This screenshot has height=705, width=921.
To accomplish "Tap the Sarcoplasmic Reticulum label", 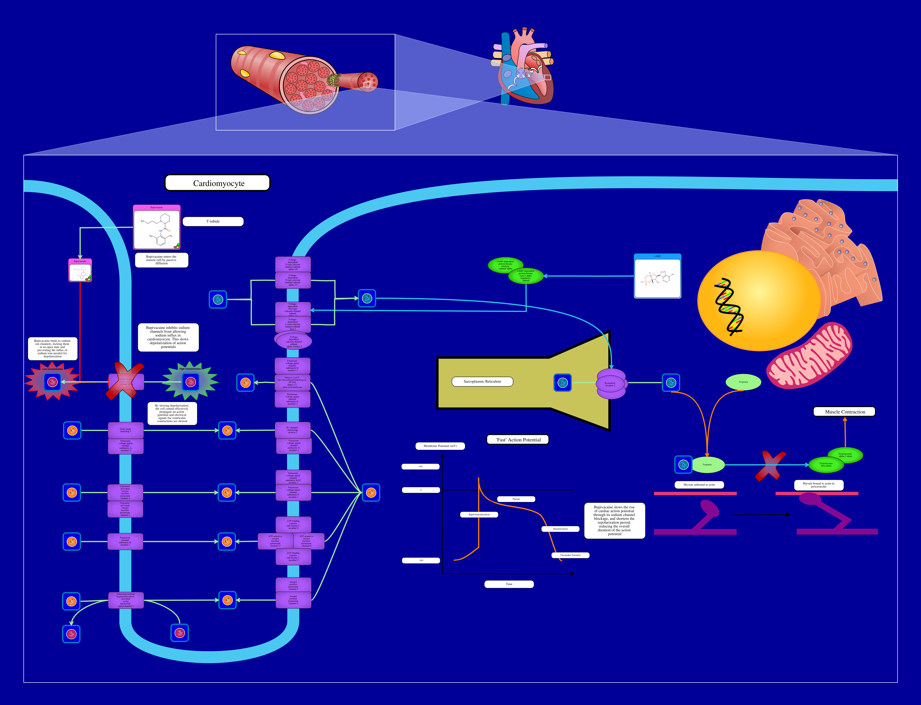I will tap(482, 381).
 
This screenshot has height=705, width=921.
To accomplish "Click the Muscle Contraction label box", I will tap(845, 412).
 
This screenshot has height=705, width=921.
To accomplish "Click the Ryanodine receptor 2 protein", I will tap(611, 384).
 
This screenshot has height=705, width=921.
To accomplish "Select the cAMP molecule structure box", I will tap(657, 278).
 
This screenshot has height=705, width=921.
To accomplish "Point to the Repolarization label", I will tap(560, 529).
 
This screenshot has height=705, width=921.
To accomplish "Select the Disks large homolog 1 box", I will tap(126, 430).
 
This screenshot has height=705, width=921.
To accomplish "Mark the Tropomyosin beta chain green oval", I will tap(826, 465).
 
